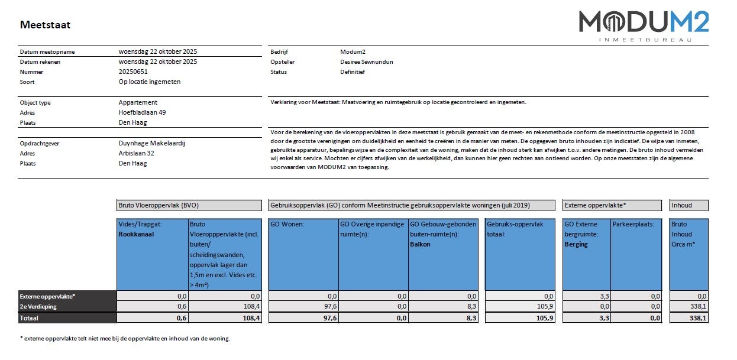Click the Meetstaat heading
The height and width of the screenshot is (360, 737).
(x=45, y=25)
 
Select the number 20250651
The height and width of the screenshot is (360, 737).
(x=134, y=72)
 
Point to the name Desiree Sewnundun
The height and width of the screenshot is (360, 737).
(x=367, y=61)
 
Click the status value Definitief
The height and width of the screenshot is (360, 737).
(x=353, y=72)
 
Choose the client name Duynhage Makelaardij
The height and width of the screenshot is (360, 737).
(x=152, y=143)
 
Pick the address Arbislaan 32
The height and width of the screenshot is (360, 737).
(x=137, y=153)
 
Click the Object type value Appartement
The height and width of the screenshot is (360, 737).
(x=138, y=102)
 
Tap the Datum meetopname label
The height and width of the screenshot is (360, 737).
(x=47, y=51)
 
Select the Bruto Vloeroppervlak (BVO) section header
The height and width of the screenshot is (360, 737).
(x=159, y=205)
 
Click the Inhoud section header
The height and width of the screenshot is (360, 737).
(x=681, y=205)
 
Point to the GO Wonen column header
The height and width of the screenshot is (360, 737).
(x=287, y=224)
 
